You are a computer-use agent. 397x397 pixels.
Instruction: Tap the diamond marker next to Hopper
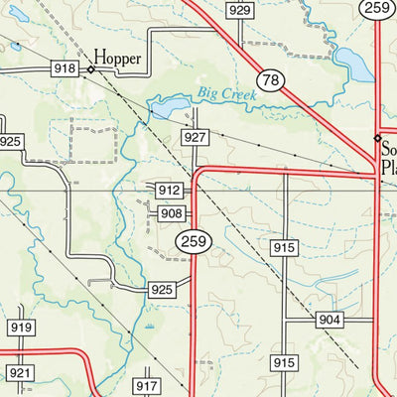[90, 69]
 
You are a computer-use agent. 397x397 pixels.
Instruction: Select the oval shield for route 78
[268, 78]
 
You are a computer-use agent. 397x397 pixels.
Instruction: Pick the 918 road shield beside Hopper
[66, 68]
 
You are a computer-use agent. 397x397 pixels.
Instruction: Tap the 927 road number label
[194, 137]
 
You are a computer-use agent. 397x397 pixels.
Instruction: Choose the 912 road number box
[168, 190]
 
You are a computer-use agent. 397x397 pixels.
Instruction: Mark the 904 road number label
[331, 320]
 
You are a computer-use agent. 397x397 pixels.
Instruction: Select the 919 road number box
[20, 328]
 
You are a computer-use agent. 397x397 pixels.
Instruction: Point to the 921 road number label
[20, 372]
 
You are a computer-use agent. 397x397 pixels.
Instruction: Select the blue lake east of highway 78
[353, 64]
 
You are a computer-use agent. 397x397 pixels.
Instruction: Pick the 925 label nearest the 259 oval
[162, 290]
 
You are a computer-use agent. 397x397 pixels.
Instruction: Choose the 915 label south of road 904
[286, 363]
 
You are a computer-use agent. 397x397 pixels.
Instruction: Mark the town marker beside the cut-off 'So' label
[377, 138]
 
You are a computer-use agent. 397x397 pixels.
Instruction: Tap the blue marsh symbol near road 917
[150, 326]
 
